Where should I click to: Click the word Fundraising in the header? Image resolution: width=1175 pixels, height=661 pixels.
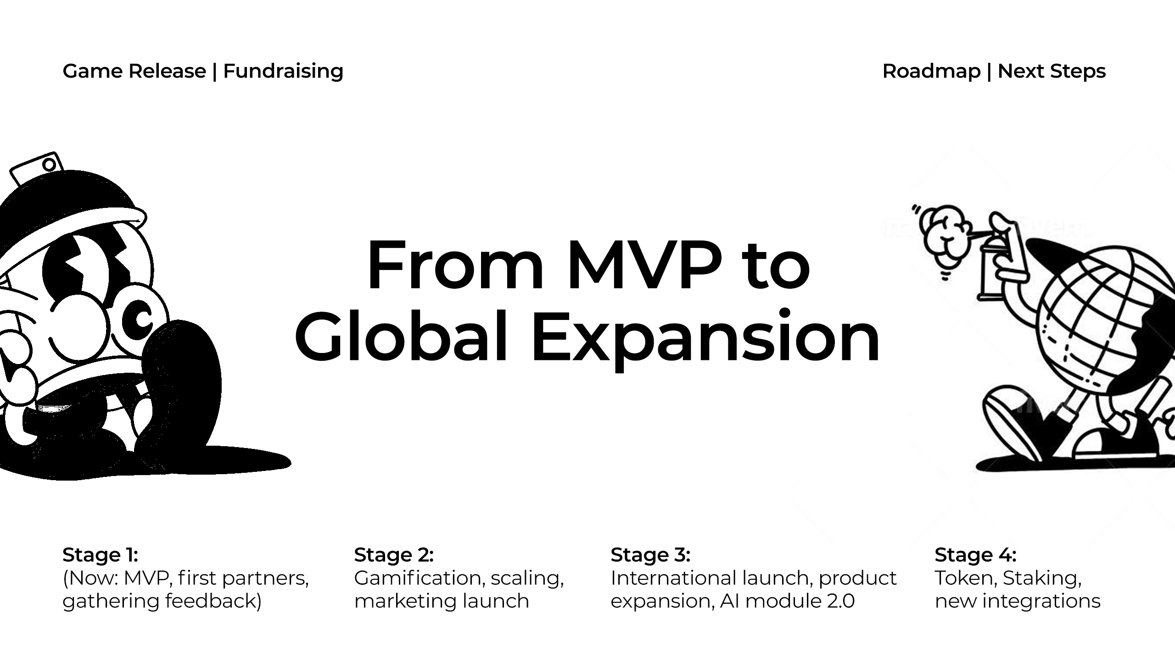[x=283, y=72]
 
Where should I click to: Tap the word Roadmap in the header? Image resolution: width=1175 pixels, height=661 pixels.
[x=931, y=71]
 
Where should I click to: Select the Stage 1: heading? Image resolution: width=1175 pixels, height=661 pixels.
[x=100, y=555]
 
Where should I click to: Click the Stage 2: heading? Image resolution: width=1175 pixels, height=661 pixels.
[x=394, y=555]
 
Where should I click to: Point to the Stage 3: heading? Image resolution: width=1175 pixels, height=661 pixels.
[x=650, y=555]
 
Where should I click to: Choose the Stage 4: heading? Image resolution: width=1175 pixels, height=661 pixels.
[x=975, y=555]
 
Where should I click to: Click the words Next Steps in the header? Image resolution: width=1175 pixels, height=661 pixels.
[x=1052, y=72]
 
